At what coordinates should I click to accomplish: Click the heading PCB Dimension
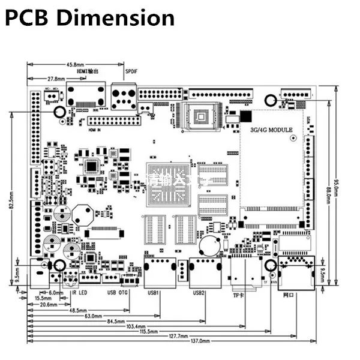[90, 18]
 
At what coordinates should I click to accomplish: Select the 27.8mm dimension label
[56, 78]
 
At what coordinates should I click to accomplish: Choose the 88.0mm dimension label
[328, 196]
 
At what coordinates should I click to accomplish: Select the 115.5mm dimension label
[145, 331]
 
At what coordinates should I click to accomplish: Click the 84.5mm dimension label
[116, 321]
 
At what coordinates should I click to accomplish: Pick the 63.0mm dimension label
[93, 316]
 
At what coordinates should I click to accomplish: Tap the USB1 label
[153, 293]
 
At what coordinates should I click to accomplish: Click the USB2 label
[199, 293]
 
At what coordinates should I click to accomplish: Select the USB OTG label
[118, 293]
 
